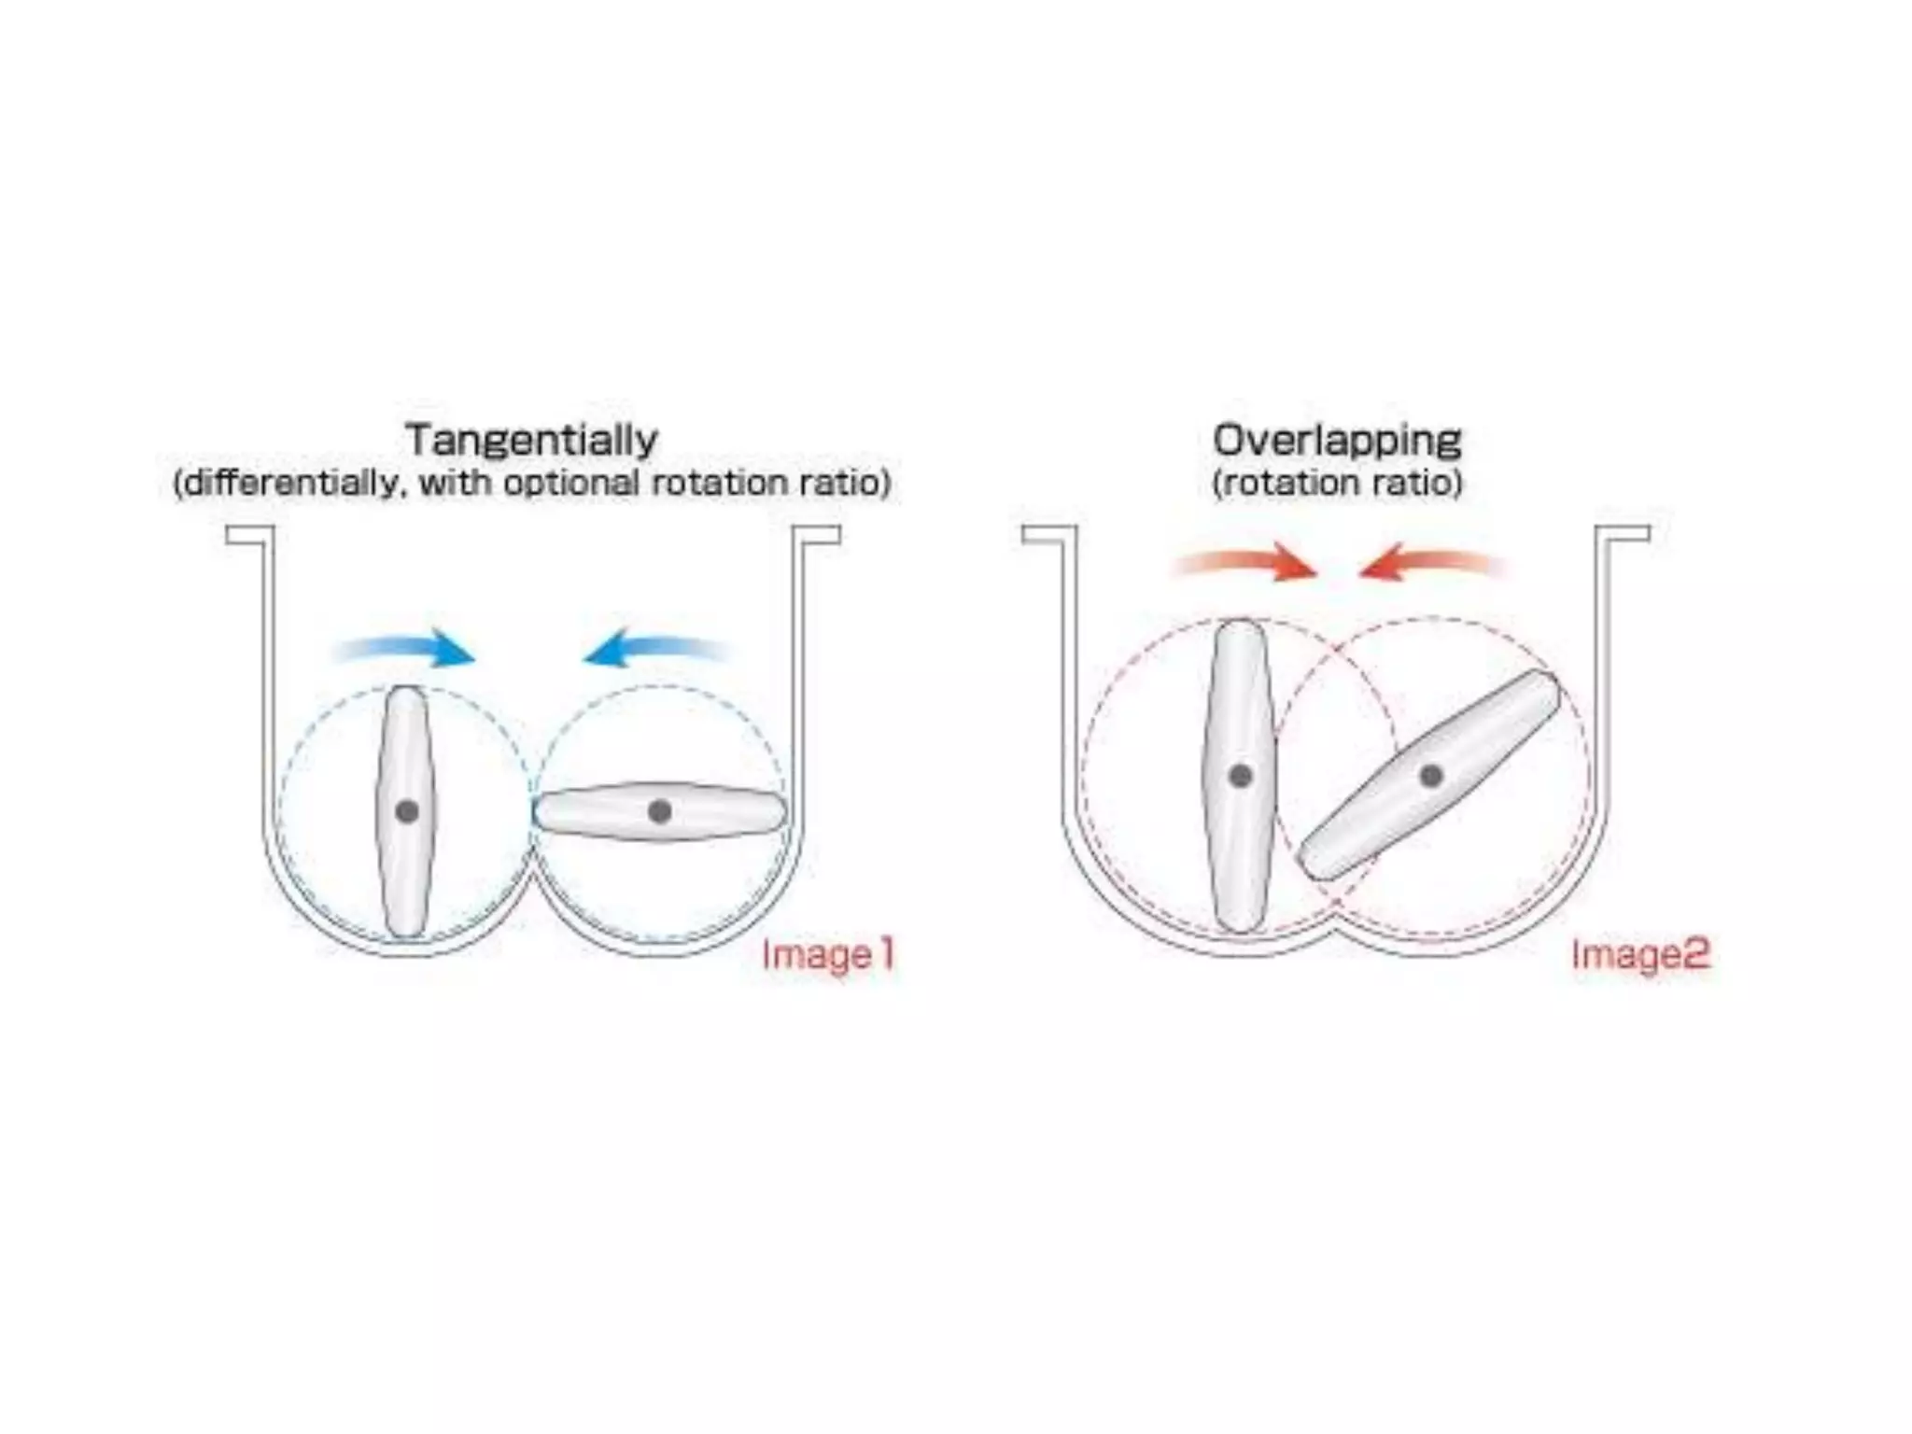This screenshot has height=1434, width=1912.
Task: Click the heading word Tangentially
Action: (x=531, y=440)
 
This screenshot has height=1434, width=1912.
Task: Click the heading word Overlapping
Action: (x=1337, y=440)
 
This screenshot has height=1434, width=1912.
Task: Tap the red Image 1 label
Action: (x=828, y=954)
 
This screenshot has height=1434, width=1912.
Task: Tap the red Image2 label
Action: (x=1640, y=954)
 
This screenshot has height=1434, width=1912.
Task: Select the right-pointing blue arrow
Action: (x=407, y=650)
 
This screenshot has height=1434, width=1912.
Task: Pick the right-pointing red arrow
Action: (x=1245, y=564)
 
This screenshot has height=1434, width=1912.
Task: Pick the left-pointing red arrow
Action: (x=1432, y=564)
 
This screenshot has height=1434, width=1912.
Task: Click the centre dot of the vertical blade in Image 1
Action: (x=407, y=811)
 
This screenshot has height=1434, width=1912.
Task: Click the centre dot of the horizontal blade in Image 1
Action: (x=659, y=811)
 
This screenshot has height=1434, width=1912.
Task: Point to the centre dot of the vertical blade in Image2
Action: (x=1241, y=775)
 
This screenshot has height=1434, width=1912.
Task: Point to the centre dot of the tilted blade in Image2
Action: (x=1430, y=775)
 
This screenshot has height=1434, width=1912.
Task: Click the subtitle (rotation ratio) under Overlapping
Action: (x=1337, y=484)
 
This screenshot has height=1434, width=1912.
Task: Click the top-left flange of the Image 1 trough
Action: (x=248, y=535)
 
